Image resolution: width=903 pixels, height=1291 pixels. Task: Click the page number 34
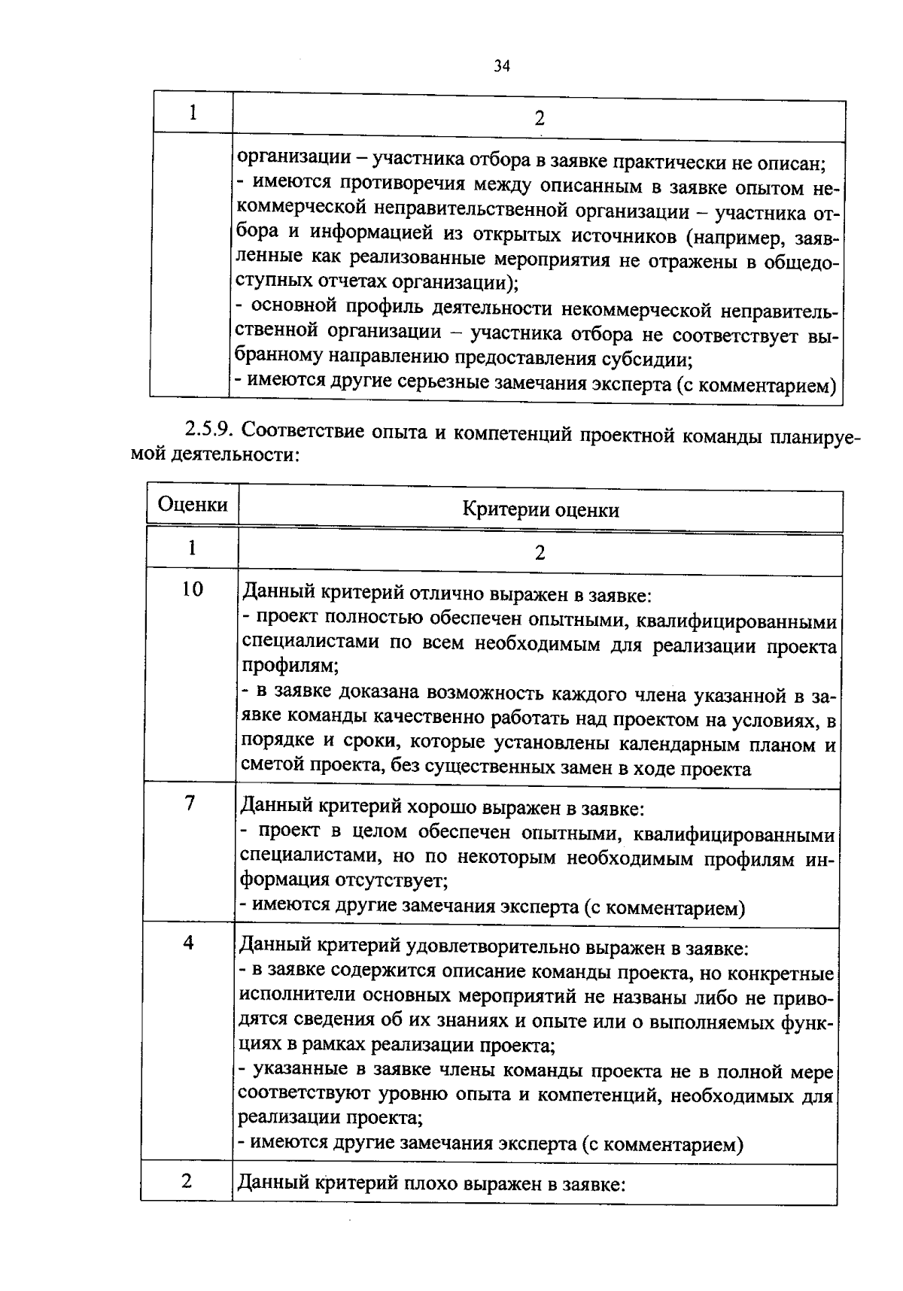(502, 66)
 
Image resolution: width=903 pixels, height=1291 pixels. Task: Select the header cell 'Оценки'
(193, 504)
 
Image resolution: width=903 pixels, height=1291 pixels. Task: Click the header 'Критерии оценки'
(540, 510)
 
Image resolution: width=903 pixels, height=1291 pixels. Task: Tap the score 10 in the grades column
(192, 589)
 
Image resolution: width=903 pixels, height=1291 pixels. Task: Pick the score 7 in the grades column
(190, 803)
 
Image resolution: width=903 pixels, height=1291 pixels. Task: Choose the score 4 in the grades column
(188, 943)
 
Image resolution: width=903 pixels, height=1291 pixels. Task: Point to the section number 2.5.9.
(211, 432)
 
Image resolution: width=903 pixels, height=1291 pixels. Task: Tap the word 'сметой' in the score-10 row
(269, 769)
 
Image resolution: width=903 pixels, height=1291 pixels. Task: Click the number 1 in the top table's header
(193, 113)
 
